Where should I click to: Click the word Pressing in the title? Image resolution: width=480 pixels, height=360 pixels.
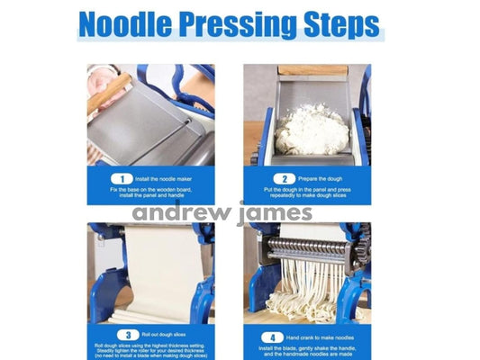[243, 24]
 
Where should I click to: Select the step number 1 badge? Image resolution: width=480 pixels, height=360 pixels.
[125, 179]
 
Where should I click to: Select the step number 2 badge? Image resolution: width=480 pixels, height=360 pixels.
[281, 179]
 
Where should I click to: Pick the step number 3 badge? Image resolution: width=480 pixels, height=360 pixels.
[124, 334]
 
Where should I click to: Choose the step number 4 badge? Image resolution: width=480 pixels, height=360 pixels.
[281, 334]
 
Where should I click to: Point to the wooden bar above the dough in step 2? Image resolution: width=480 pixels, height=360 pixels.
[312, 69]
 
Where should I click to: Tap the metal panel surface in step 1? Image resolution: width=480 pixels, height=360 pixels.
[149, 126]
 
